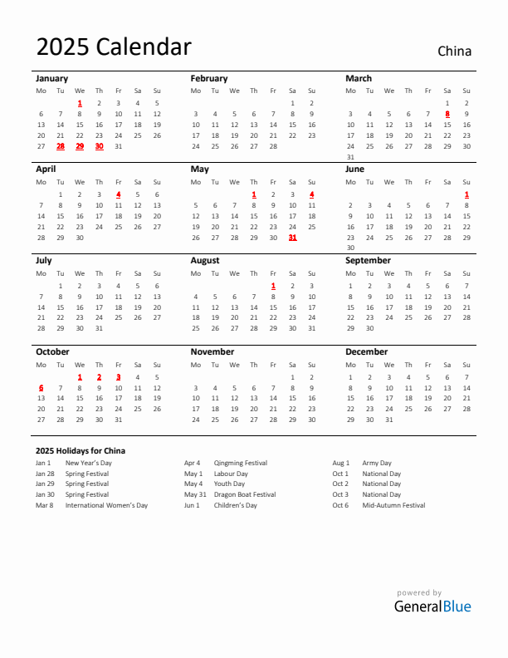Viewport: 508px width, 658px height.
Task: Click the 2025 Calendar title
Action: (x=114, y=47)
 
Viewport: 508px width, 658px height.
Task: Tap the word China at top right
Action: (x=454, y=51)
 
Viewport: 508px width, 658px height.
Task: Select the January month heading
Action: (x=51, y=78)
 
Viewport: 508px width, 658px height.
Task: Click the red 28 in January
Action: (x=61, y=145)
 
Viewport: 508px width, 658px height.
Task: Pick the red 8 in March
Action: (x=447, y=114)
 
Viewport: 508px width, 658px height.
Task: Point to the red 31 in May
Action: (x=292, y=237)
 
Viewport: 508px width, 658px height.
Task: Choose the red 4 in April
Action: (x=118, y=194)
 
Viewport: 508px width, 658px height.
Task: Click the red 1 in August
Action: (x=273, y=286)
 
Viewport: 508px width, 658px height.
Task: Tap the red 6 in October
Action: (x=41, y=388)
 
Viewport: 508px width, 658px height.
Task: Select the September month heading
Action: (x=368, y=260)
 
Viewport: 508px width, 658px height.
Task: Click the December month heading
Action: (x=366, y=351)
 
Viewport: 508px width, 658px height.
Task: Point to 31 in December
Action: (x=389, y=420)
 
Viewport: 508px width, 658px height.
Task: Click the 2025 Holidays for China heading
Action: (x=81, y=450)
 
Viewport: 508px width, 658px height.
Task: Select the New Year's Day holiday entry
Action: (x=89, y=463)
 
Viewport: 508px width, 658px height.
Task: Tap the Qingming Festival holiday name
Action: (x=241, y=463)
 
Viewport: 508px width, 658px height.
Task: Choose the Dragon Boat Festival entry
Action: (x=245, y=494)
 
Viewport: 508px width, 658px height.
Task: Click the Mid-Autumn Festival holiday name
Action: (x=393, y=505)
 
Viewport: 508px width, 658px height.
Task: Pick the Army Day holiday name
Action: (x=377, y=463)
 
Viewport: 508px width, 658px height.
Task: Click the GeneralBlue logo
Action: (x=432, y=606)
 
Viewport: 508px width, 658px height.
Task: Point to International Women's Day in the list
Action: (x=106, y=505)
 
